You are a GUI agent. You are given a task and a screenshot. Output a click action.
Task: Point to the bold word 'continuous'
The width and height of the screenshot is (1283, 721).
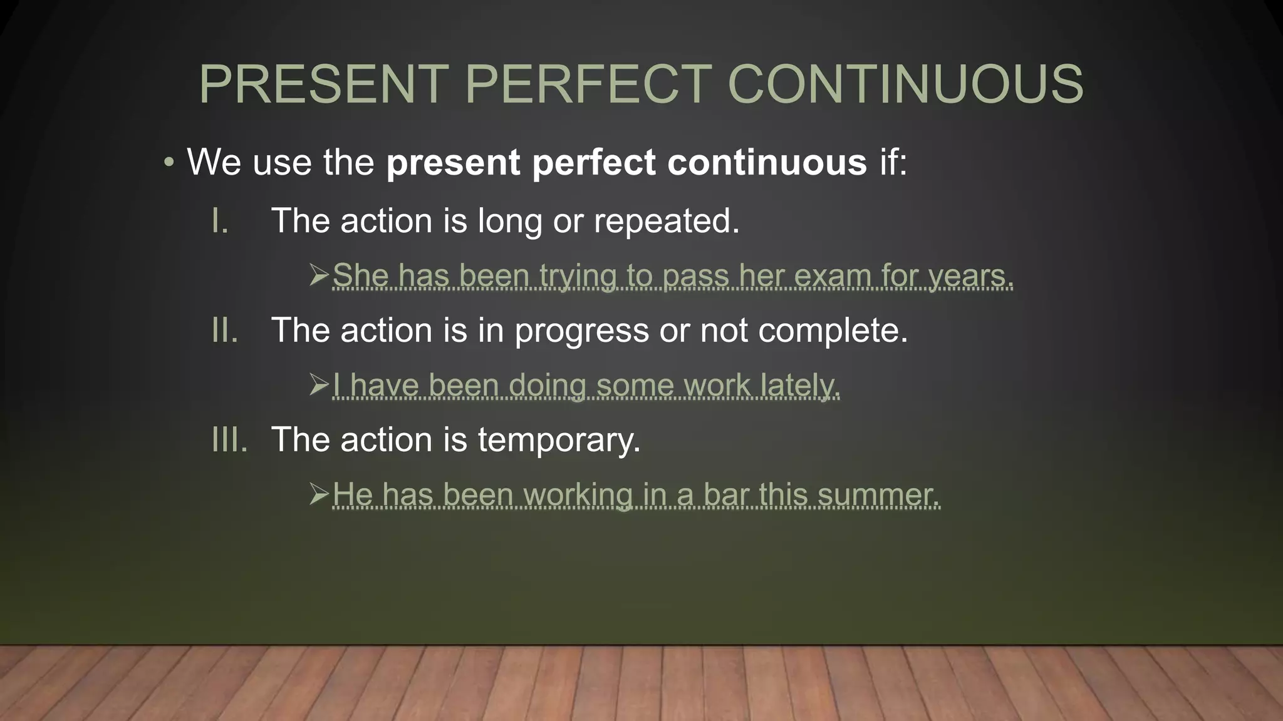coord(767,163)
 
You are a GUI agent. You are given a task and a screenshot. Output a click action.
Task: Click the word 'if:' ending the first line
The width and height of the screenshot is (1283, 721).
coord(893,163)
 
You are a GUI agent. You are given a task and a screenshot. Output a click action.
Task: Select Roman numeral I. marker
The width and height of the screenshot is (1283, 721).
coord(220,221)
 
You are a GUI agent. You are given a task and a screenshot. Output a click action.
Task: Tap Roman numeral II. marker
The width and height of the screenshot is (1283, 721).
coord(225,330)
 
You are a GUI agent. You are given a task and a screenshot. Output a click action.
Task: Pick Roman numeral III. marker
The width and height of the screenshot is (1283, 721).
coord(229,439)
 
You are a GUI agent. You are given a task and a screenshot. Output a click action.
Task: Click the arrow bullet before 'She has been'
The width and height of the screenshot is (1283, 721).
coord(319,275)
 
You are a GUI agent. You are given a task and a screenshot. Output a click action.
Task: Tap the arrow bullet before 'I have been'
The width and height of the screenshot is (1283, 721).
coord(319,384)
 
